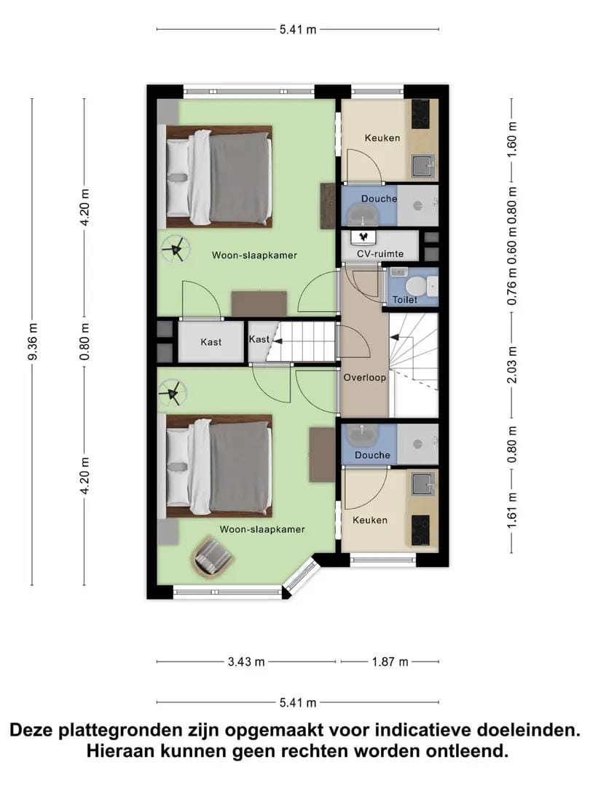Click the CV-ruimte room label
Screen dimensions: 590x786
pyautogui.click(x=379, y=254)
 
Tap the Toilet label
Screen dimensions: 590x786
pyautogui.click(x=405, y=299)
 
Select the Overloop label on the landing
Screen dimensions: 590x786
pyautogui.click(x=365, y=378)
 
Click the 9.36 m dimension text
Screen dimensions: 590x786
pyautogui.click(x=33, y=342)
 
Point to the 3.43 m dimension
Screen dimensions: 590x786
pyautogui.click(x=246, y=662)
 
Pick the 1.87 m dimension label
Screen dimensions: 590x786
pyautogui.click(x=390, y=662)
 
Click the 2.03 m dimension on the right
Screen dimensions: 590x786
pyautogui.click(x=512, y=365)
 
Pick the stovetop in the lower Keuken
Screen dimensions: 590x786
pyautogui.click(x=420, y=531)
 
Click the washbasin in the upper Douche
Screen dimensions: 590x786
pyautogui.click(x=363, y=215)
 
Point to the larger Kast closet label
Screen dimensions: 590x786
pyautogui.click(x=211, y=342)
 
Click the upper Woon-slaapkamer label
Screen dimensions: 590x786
pyautogui.click(x=254, y=255)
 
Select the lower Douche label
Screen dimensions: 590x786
pyautogui.click(x=372, y=455)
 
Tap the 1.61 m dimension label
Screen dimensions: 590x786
pyautogui.click(x=512, y=509)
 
